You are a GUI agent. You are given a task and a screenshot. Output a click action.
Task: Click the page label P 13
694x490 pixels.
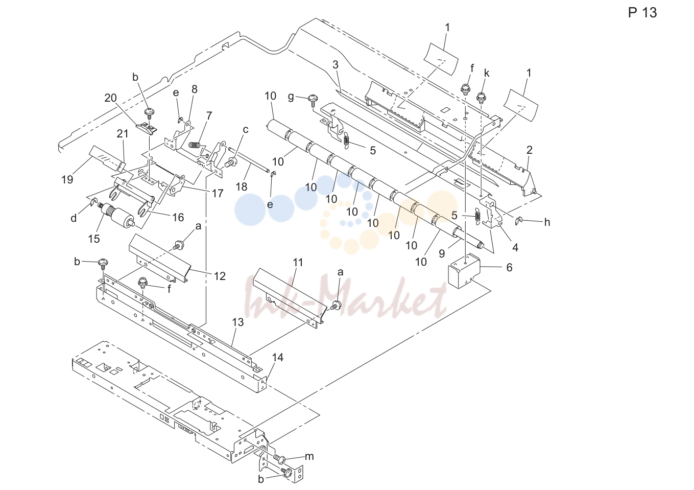click(642, 13)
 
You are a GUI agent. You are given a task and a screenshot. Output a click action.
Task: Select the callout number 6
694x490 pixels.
click(509, 267)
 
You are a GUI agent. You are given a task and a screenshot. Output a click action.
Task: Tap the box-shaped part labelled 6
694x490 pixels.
click(464, 271)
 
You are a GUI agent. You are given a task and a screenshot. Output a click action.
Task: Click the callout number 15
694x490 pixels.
click(94, 239)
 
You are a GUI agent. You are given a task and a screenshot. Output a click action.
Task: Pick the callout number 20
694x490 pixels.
click(111, 98)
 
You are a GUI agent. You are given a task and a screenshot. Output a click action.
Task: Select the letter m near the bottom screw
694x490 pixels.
click(309, 456)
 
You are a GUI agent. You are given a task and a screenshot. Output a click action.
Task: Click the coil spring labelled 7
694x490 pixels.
click(194, 145)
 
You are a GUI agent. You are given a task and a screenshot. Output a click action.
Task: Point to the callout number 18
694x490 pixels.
click(242, 186)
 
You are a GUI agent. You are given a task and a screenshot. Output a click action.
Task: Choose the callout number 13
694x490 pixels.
click(238, 322)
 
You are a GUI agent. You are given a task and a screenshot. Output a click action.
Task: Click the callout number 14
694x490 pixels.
click(278, 357)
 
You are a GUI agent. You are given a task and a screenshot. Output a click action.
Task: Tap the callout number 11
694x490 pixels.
click(298, 262)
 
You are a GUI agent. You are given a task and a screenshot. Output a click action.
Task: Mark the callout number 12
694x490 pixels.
click(220, 276)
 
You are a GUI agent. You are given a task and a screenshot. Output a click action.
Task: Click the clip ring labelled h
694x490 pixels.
click(519, 221)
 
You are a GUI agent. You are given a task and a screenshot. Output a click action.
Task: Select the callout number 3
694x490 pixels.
click(336, 65)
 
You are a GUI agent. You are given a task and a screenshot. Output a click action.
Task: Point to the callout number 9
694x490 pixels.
click(442, 253)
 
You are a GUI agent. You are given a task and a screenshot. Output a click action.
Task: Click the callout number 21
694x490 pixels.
click(123, 133)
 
